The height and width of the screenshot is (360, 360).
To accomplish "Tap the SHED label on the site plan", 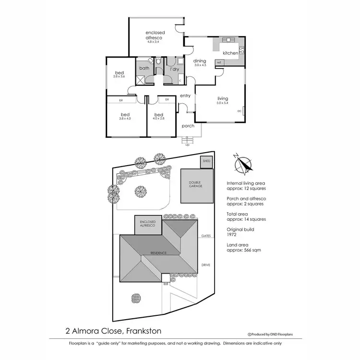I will [206, 161].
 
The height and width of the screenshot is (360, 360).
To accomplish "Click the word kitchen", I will [230, 53].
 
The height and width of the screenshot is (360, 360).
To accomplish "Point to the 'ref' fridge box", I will [219, 62].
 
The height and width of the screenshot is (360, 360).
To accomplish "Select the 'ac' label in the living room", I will [239, 111].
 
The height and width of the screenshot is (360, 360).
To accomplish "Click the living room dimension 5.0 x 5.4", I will [223, 103].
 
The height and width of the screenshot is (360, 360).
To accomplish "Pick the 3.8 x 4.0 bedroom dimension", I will [125, 119].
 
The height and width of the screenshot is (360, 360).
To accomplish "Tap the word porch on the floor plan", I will [188, 126].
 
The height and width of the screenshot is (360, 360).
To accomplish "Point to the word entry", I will [185, 96].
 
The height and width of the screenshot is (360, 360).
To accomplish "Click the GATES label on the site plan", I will [206, 236].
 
